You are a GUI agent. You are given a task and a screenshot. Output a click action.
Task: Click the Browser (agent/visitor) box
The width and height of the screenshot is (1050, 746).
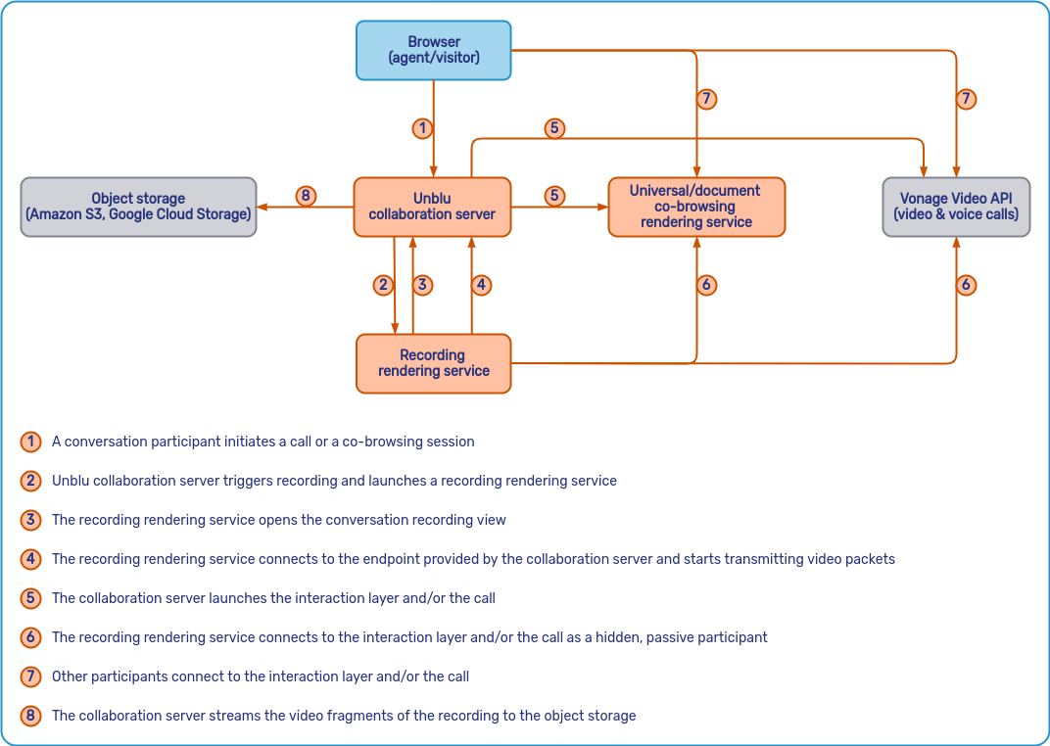[433, 50]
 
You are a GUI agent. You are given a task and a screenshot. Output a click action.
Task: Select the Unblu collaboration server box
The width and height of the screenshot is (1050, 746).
[432, 207]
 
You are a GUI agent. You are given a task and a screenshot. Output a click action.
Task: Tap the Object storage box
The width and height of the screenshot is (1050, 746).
[138, 207]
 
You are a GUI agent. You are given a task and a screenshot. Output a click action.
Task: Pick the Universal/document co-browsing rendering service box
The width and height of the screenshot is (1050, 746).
[696, 207]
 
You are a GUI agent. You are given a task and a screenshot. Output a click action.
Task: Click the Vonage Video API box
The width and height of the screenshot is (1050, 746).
[956, 207]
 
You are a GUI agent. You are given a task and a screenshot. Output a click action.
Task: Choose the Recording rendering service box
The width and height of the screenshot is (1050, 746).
[433, 363]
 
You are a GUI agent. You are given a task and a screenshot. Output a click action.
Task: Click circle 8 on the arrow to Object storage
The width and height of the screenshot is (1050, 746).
[306, 197]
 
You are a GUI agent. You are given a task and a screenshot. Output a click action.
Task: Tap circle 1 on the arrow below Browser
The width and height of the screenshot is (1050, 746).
[422, 128]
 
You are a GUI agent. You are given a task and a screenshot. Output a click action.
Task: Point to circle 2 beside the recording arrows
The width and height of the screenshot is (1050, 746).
[383, 285]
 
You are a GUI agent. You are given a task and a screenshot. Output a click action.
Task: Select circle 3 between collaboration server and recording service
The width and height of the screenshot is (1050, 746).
[422, 285]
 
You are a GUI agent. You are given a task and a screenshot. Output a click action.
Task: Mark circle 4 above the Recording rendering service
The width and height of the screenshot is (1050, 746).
[480, 285]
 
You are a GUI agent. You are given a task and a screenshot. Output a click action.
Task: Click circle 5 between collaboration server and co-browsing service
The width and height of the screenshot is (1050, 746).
[554, 196]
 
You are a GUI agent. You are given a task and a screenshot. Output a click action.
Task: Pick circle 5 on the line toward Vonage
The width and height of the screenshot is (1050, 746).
[554, 128]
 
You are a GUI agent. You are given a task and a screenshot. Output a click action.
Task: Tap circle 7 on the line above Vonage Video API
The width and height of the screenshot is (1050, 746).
[966, 99]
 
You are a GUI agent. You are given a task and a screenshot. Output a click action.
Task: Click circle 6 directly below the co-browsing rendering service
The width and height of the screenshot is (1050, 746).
[706, 285]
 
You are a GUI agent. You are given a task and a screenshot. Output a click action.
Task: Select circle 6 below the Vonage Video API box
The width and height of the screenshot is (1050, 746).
[966, 285]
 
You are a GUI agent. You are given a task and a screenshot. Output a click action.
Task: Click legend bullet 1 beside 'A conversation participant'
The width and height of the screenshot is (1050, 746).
[31, 442]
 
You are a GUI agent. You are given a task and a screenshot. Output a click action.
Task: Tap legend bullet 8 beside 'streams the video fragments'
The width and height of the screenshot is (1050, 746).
[31, 716]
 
